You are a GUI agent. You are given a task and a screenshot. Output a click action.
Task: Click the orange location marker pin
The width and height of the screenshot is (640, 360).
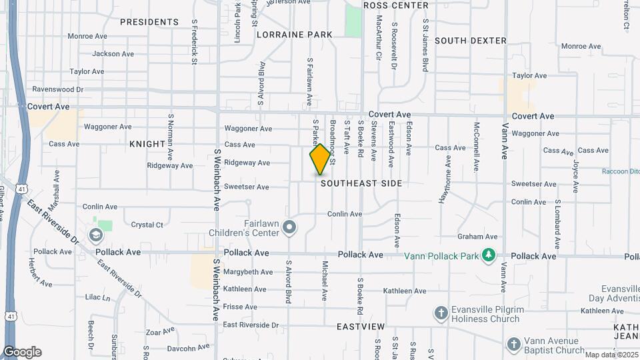(x=320, y=159)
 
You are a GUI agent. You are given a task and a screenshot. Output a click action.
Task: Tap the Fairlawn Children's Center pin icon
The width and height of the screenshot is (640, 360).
(x=289, y=228)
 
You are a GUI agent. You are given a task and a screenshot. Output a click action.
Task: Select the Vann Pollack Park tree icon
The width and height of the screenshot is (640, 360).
(x=489, y=255)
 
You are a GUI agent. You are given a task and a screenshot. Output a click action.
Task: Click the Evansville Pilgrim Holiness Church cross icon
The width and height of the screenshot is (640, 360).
(x=440, y=313)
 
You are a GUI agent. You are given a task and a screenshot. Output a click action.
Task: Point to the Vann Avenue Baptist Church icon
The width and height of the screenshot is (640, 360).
(x=513, y=344)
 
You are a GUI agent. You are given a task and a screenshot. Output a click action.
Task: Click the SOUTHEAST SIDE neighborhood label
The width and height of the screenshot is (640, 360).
(x=361, y=183)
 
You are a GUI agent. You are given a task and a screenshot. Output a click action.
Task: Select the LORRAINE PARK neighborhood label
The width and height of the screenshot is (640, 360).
(x=294, y=34)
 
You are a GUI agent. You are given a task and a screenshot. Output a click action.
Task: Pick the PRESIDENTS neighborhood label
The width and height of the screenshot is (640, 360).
(x=149, y=22)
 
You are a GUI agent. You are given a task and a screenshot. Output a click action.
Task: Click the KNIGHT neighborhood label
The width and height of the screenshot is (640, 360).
(x=147, y=144)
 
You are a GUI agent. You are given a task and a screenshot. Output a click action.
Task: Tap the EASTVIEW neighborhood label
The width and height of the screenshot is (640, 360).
(x=361, y=327)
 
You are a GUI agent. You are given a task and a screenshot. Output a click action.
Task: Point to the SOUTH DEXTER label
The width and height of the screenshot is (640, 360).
(x=471, y=41)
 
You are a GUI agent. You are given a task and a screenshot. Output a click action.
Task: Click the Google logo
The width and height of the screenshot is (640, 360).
(x=22, y=352)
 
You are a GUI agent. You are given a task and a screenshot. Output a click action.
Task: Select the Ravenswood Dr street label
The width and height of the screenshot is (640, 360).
(x=58, y=89)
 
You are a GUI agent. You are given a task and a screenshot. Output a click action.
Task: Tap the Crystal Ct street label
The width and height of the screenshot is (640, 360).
(x=147, y=225)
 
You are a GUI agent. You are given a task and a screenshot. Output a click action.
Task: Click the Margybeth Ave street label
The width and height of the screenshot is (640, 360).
(x=248, y=272)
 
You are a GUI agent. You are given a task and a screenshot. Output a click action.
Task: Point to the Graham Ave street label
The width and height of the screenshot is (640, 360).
(x=477, y=237)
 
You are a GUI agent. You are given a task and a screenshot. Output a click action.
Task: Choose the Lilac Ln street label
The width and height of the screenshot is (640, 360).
(x=97, y=297)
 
